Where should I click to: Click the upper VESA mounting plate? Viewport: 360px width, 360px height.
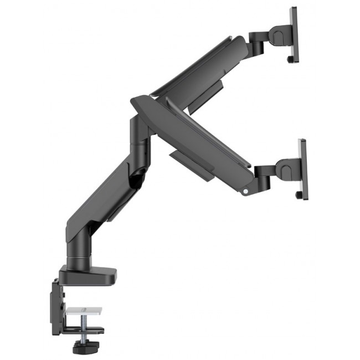point(294,34)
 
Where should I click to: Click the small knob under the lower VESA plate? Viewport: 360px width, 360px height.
point(299,195)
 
